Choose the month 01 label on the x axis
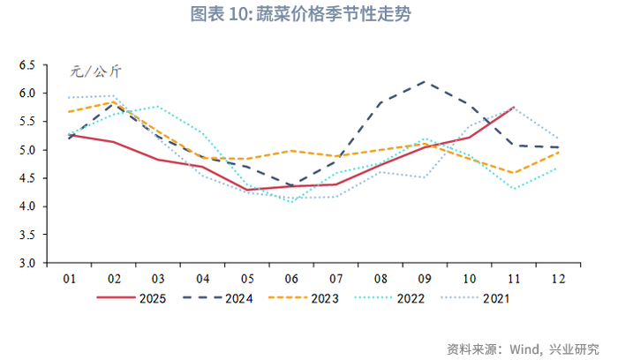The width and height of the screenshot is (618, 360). [x=68, y=279]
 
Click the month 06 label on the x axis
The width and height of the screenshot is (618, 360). [x=292, y=279]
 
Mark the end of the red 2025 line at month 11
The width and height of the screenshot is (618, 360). [x=515, y=108]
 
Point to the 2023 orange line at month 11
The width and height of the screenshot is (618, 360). [x=515, y=173]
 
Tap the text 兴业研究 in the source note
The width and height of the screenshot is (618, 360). [x=577, y=348]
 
